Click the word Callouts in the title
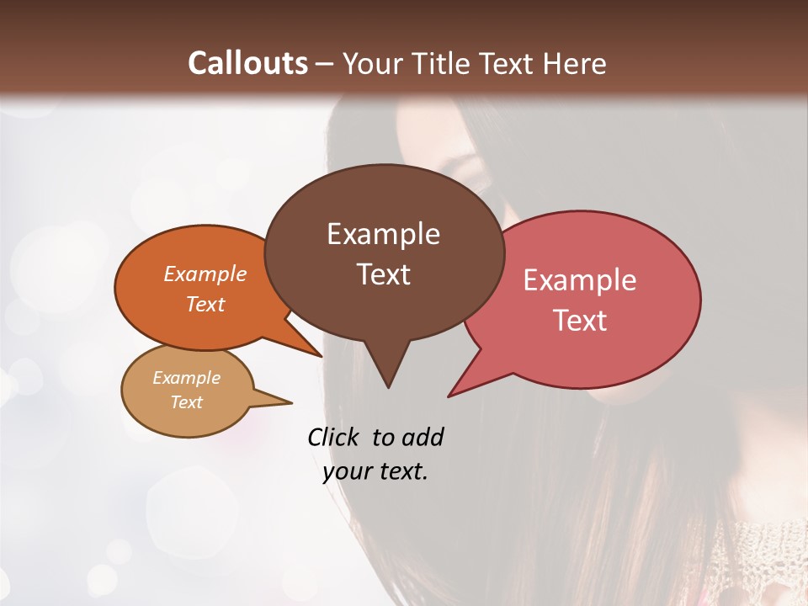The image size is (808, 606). coord(247,63)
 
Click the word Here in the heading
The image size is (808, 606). coord(575,64)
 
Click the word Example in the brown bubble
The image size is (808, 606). coord(383,234)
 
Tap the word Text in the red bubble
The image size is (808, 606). coord(580,321)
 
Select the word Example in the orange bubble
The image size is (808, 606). coord(205,274)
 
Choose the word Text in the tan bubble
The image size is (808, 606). coord(187,402)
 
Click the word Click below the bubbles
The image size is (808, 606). coord(333,437)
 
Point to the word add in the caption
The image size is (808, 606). coord(423,437)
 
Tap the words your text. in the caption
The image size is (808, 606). coord(375,472)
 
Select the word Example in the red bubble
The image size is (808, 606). coord(580,280)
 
